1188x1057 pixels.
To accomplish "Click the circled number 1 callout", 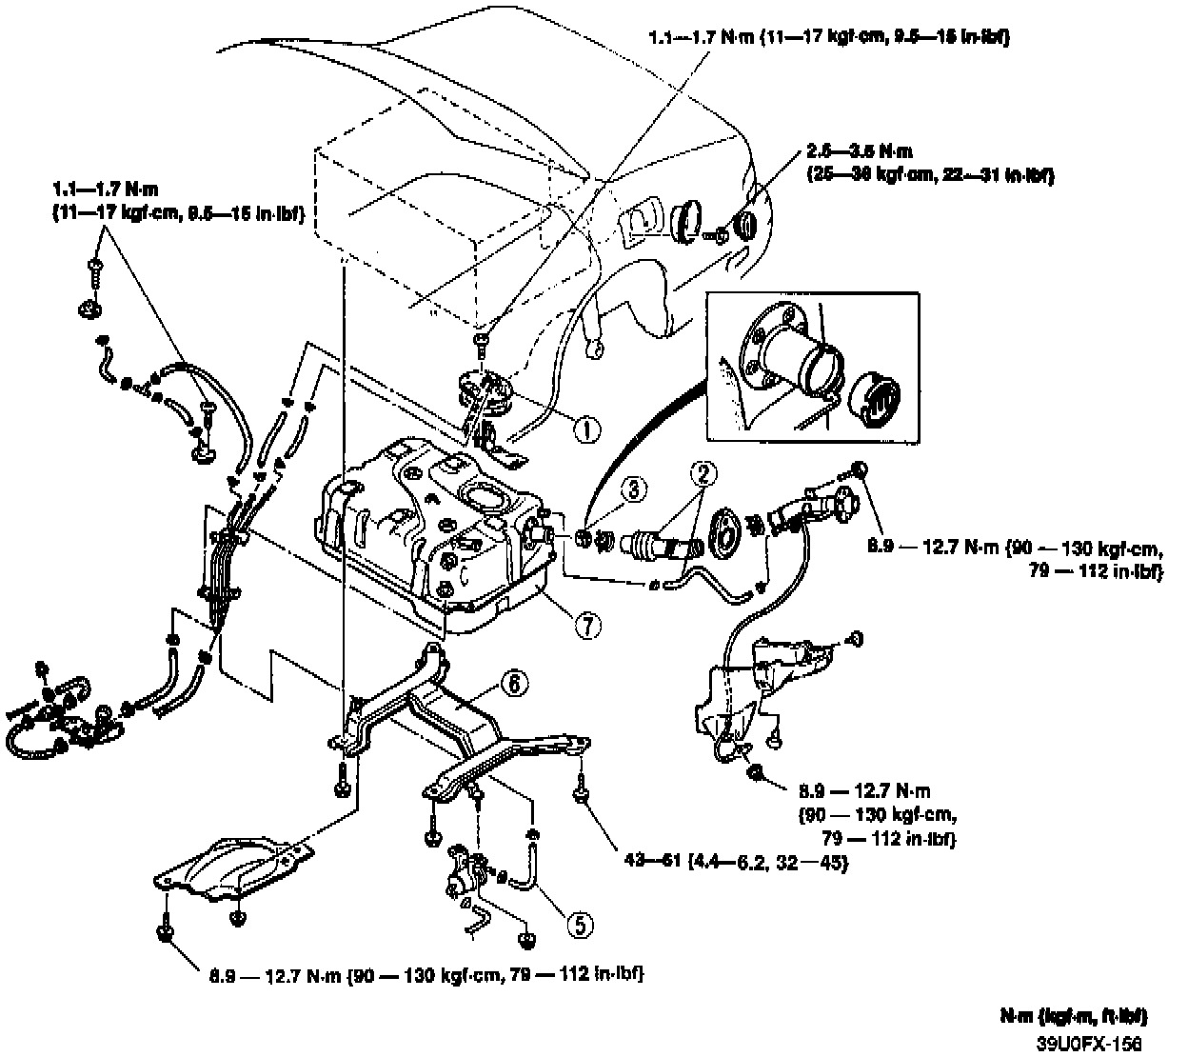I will (587, 430).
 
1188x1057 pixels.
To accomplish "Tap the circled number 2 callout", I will (702, 473).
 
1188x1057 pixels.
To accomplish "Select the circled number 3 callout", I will (634, 489).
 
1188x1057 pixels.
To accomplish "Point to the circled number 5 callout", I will (580, 922).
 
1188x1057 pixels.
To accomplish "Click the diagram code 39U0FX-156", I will (1089, 1043).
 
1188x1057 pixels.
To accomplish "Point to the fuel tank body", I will (428, 533).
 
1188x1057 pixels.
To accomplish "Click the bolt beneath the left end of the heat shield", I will (168, 928).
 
